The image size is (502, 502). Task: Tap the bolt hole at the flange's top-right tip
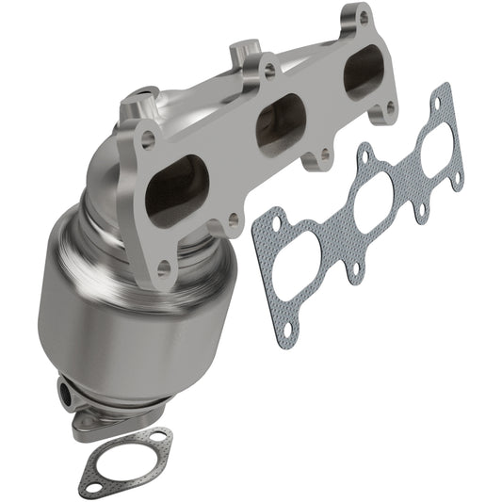pyautogui.click(x=364, y=17)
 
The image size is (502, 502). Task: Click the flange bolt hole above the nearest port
pyautogui.click(x=148, y=141)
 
